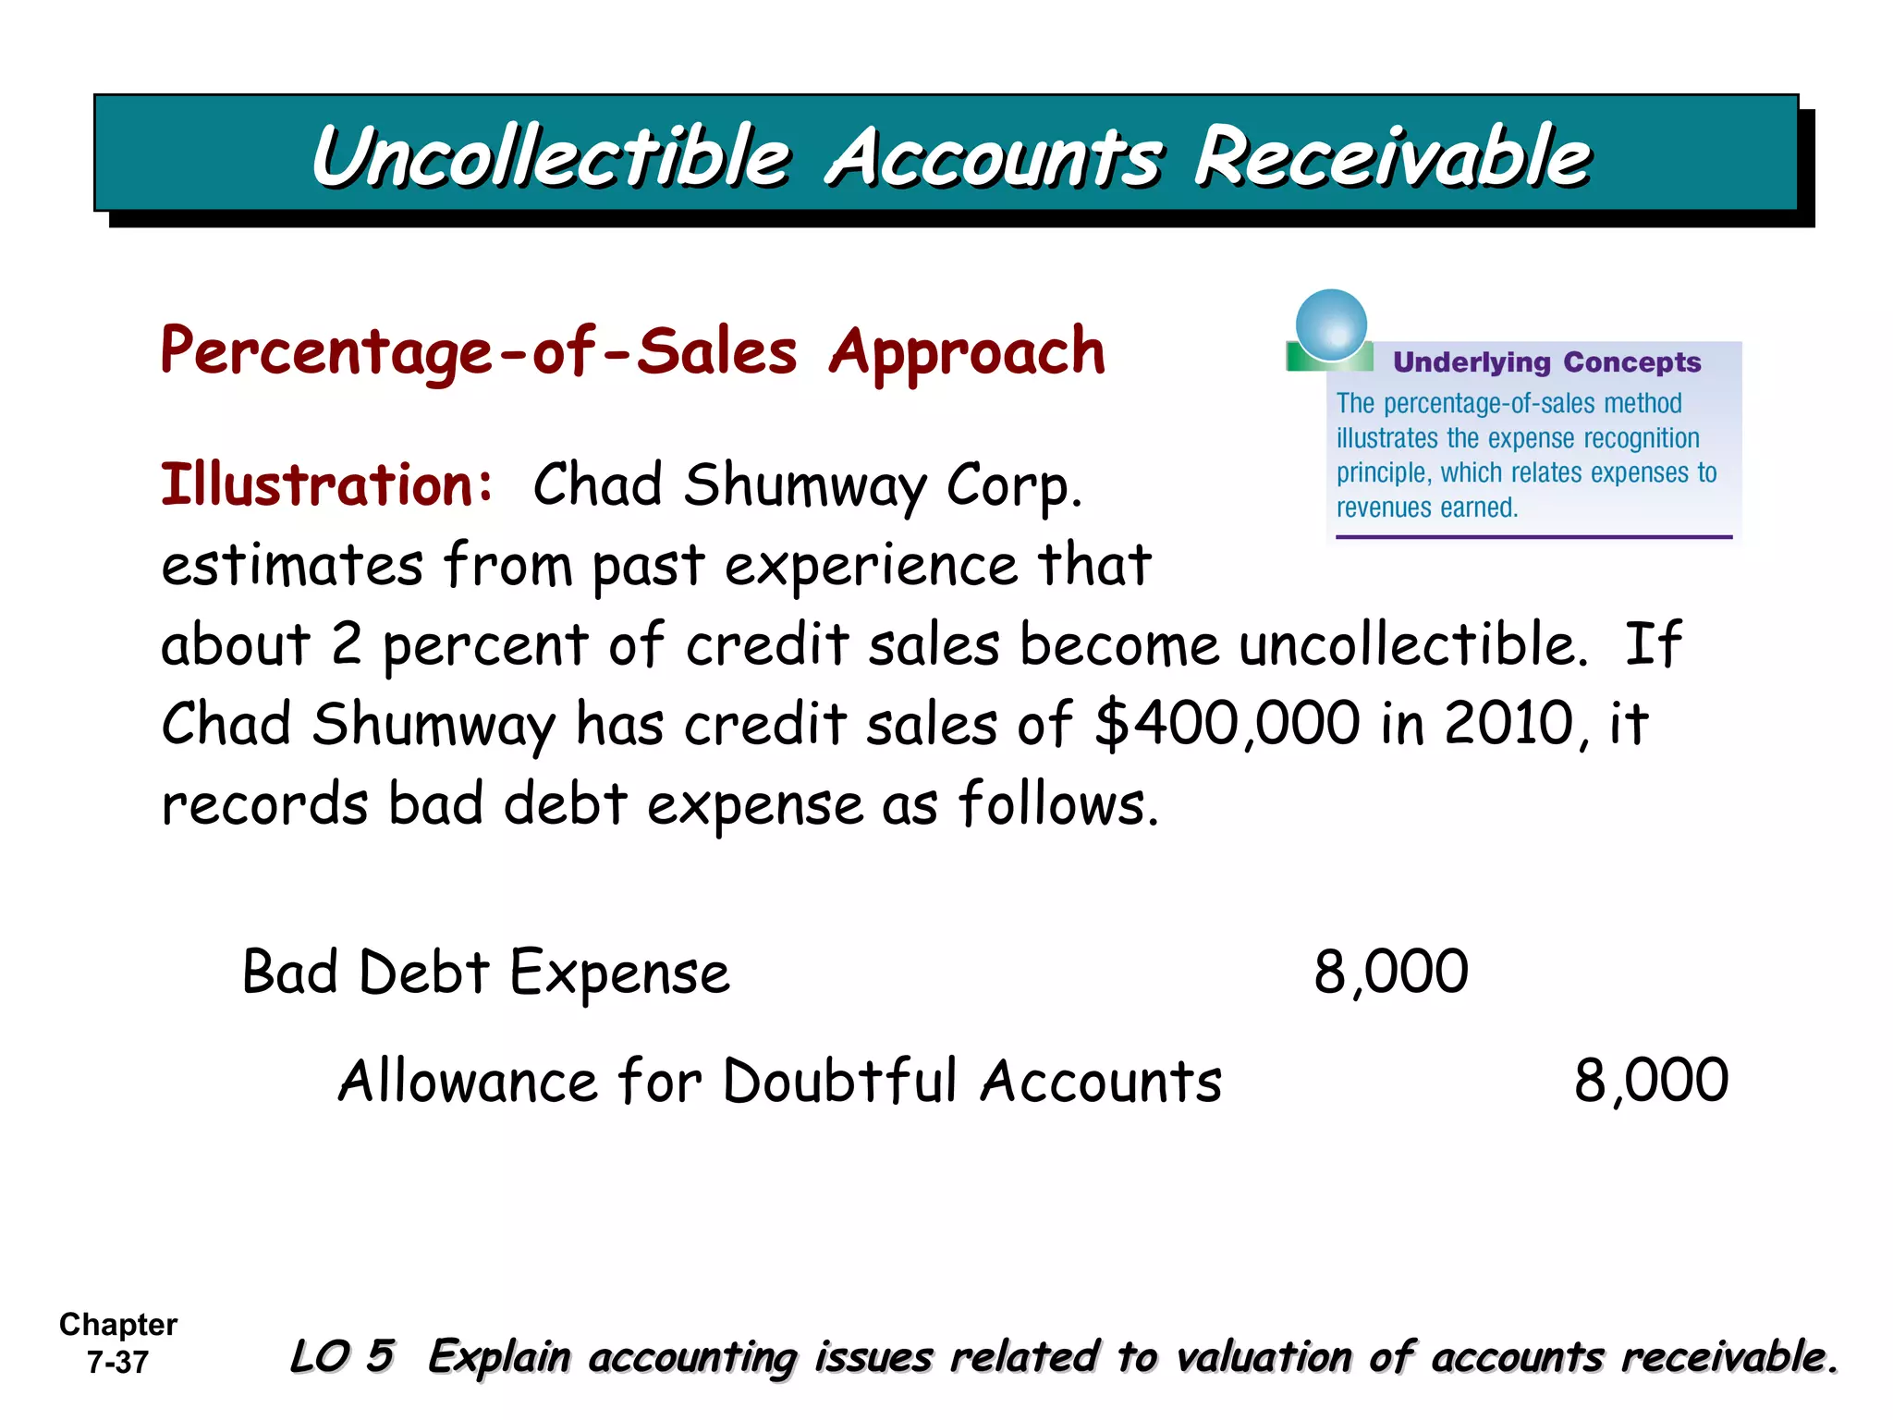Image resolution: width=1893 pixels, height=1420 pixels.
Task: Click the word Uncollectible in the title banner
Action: coord(551,157)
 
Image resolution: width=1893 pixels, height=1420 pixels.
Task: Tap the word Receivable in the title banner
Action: coord(1391,157)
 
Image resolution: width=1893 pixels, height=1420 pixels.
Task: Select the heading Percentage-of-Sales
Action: coord(479,352)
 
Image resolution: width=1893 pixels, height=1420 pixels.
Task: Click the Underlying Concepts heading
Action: coord(1546,362)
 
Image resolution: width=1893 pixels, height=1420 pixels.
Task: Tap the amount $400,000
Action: coord(1227,723)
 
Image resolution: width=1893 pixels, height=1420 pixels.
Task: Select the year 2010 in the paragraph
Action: coord(1508,723)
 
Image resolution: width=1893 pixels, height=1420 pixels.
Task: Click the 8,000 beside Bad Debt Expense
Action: coord(1391,973)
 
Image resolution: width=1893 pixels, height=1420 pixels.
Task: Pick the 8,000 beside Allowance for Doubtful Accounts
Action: coord(1651,1080)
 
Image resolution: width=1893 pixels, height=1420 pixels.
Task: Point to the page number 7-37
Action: coord(117,1363)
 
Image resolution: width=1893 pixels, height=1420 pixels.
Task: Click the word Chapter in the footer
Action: coord(118,1325)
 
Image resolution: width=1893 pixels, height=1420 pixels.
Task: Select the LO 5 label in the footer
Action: coord(343,1356)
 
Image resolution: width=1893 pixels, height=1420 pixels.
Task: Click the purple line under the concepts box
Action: coord(1533,537)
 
